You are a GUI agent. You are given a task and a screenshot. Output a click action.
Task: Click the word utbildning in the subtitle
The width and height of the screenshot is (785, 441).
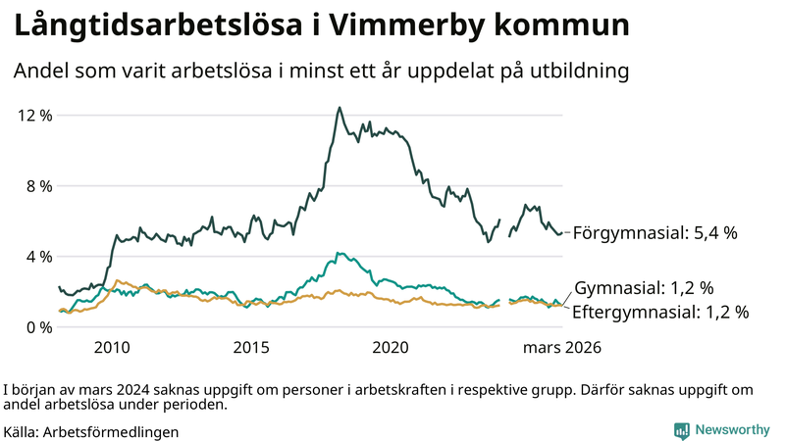click(x=578, y=72)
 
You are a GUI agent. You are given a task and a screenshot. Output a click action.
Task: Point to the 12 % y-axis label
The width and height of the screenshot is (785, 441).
click(x=35, y=115)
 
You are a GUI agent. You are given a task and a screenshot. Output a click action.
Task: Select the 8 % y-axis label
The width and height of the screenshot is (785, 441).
click(x=39, y=185)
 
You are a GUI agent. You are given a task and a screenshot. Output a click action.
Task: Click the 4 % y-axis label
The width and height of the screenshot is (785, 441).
click(x=39, y=256)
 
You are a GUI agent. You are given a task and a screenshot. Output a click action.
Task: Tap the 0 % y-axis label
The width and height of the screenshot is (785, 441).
click(x=39, y=326)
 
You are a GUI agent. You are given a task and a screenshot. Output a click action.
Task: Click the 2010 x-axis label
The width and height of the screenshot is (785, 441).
click(x=112, y=347)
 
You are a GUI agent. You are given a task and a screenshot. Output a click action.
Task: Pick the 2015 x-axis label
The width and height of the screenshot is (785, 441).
click(x=251, y=347)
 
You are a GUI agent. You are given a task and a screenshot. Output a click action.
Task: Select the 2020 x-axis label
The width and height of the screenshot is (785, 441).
click(x=392, y=347)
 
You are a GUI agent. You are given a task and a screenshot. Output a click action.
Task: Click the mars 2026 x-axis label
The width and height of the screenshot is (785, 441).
click(x=561, y=347)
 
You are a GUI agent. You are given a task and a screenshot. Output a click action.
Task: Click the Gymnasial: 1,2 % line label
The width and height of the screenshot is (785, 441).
click(x=644, y=288)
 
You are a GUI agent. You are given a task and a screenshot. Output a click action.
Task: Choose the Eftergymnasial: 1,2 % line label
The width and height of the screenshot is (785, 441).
click(x=659, y=313)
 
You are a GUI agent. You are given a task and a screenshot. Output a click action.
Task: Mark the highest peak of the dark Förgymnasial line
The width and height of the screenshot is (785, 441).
click(x=340, y=108)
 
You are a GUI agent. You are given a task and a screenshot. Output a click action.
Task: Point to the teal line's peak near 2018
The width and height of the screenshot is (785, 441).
click(x=338, y=253)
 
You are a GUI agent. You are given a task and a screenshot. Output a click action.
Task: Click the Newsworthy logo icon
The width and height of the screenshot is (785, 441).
click(x=681, y=430)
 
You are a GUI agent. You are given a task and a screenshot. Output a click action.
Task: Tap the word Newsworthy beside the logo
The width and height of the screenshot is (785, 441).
click(x=732, y=430)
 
